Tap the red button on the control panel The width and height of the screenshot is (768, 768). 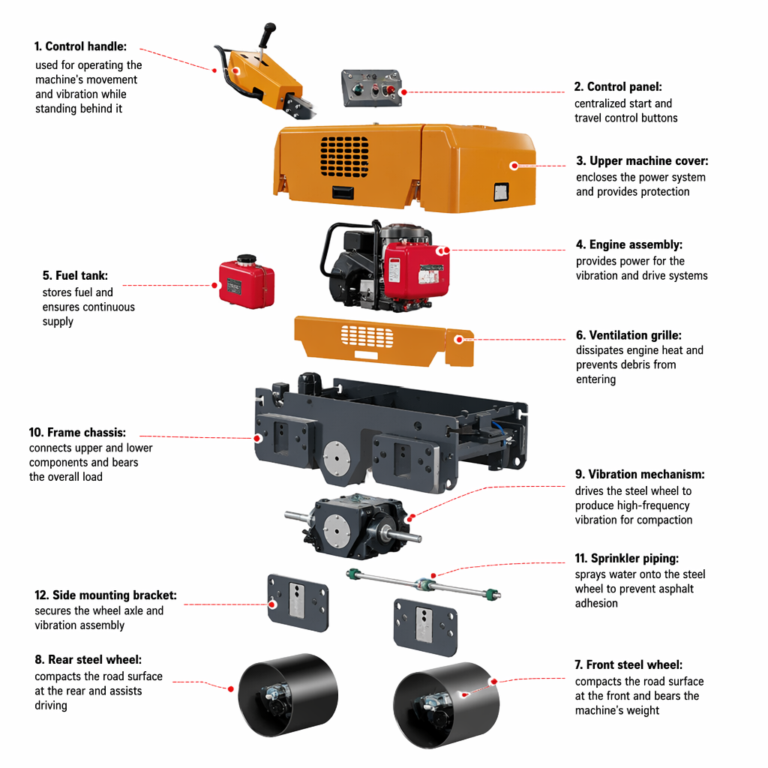[391, 90]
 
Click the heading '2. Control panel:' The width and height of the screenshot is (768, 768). [618, 87]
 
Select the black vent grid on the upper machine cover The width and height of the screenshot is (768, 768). [344, 157]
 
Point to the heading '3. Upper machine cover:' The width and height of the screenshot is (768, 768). [642, 160]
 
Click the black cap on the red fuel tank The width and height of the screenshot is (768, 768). [246, 259]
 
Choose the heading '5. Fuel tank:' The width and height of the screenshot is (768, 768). [76, 275]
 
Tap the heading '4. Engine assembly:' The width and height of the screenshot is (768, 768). [629, 244]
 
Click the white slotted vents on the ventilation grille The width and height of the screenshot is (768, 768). [367, 337]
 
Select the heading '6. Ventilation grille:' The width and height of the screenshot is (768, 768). [628, 335]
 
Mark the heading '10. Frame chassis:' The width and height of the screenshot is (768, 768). [77, 433]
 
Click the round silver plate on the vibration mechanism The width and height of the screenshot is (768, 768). [337, 527]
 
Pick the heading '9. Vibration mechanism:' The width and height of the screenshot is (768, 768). [640, 474]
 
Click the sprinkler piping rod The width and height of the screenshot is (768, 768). [424, 583]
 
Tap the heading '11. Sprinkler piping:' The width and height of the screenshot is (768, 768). [627, 558]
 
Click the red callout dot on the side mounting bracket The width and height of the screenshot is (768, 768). [273, 604]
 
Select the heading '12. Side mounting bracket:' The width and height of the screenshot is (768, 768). [106, 595]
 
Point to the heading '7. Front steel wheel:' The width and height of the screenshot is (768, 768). [628, 664]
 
